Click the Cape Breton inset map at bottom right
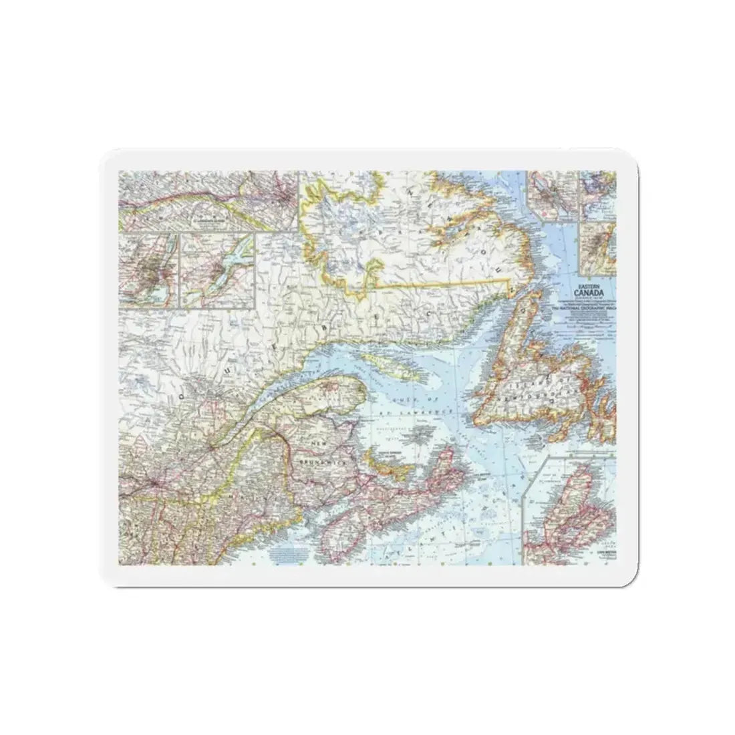pos(571,508)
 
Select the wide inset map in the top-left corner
pos(207,200)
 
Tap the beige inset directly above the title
pos(597,247)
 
